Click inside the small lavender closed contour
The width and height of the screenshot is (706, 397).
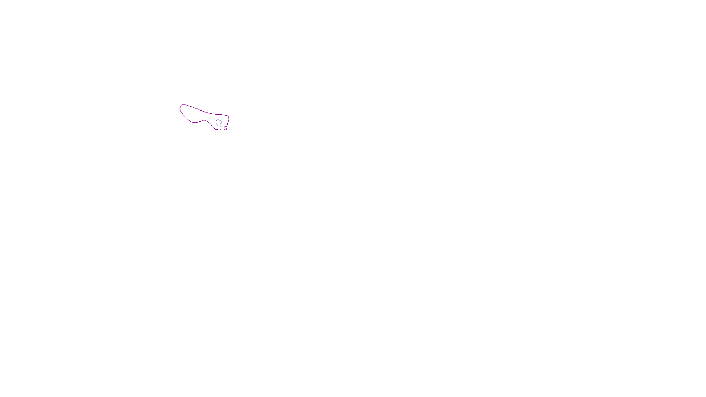218,122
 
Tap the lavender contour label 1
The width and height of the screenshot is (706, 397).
221,126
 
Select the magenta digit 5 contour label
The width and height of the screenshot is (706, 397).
225,128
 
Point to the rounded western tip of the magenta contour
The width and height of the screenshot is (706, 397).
181,107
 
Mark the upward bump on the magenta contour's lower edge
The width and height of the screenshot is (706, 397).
205,120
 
